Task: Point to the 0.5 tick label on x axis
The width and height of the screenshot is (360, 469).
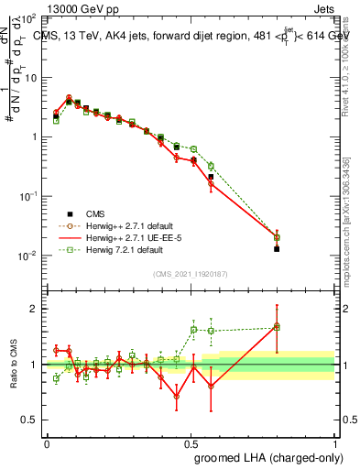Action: [191, 442]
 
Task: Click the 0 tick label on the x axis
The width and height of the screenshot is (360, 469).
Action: [47, 442]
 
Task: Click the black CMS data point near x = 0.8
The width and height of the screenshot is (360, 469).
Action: [277, 248]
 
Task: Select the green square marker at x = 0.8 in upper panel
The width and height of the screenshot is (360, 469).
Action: [277, 237]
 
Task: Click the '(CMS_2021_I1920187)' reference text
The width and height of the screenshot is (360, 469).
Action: [190, 274]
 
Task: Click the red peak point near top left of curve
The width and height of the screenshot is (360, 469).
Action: [69, 97]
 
